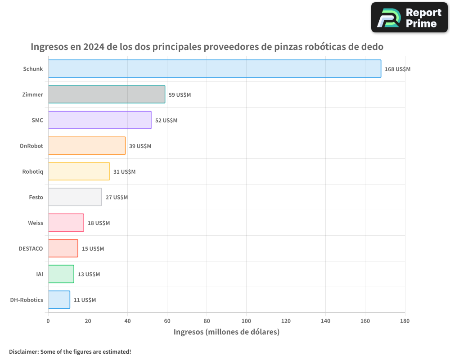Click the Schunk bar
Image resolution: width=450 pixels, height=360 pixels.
pyautogui.click(x=214, y=69)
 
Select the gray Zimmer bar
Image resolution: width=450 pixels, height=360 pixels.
pyautogui.click(x=107, y=94)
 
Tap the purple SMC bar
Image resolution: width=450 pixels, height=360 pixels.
pyautogui.click(x=99, y=120)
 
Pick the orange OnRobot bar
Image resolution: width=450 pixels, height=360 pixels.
pyautogui.click(x=87, y=146)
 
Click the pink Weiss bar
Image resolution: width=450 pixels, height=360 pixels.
pyautogui.click(x=66, y=223)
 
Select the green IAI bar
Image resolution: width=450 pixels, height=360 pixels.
pyautogui.click(x=61, y=274)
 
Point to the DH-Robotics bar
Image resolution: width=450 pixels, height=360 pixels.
pyautogui.click(x=59, y=300)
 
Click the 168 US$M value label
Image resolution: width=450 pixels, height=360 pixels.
pyautogui.click(x=397, y=69)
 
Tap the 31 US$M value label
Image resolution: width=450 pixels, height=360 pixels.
pyautogui.click(x=124, y=172)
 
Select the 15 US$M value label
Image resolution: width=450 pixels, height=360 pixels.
pyautogui.click(x=93, y=249)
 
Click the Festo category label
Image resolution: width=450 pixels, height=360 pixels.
pyautogui.click(x=36, y=197)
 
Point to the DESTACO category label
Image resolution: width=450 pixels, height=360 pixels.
pyautogui.click(x=31, y=248)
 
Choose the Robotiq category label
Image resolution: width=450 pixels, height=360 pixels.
pyautogui.click(x=32, y=171)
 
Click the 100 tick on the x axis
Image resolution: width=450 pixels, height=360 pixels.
pyautogui.click(x=246, y=321)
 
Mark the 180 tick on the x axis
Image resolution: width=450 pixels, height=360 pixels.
pyautogui.click(x=405, y=321)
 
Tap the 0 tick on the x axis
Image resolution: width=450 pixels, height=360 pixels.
pyautogui.click(x=48, y=321)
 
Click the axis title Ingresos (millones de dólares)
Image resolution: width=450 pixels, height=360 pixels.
pyautogui.click(x=226, y=332)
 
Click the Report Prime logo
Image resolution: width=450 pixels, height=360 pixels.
pyautogui.click(x=409, y=18)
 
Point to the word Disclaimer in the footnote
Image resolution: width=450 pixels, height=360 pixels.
pyautogui.click(x=23, y=351)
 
